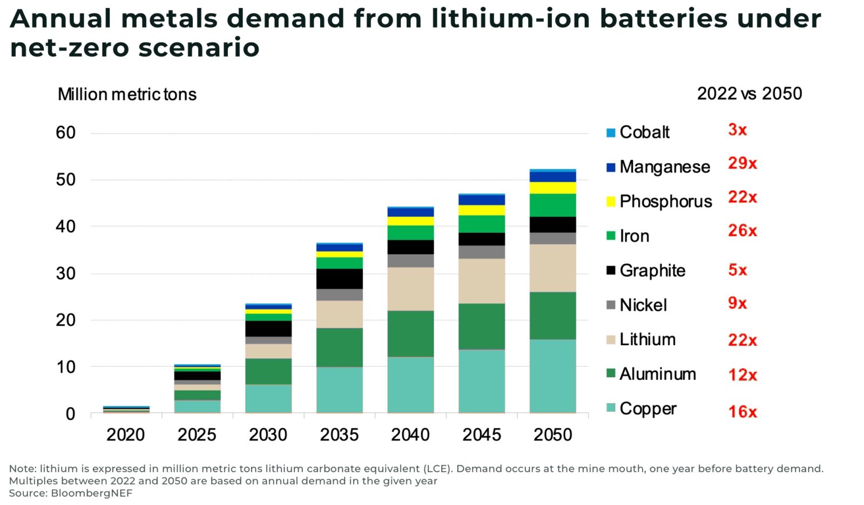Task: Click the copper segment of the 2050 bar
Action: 552,376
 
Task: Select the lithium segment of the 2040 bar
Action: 410,289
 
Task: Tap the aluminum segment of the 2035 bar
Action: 339,347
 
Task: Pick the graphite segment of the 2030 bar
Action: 268,329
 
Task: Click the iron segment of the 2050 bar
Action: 552,205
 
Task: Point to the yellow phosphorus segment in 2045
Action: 482,210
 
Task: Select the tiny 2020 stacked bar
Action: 126,410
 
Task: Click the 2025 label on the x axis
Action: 197,434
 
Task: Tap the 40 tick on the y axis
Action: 65,226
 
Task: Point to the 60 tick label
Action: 65,133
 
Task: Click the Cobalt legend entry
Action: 644,132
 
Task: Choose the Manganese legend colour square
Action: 611,167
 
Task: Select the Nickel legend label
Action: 643,305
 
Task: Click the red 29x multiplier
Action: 742,163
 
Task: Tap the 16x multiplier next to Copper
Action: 742,412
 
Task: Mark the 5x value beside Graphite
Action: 737,270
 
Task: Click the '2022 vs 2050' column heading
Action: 749,94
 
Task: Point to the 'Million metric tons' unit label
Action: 127,94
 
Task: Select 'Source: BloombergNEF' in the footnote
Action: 70,493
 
